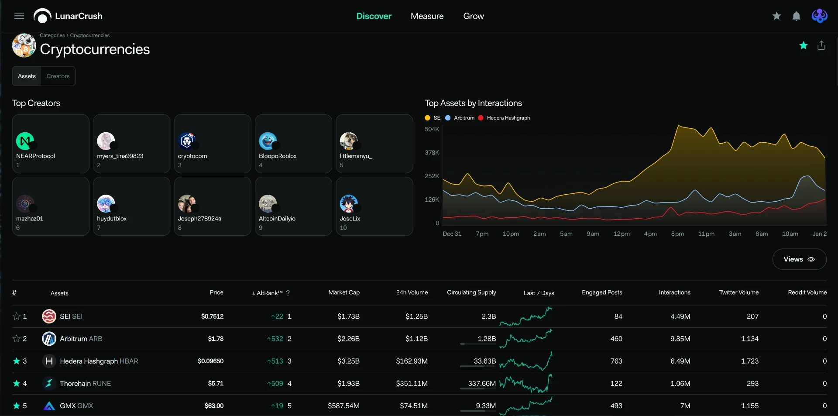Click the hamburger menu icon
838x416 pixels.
(x=19, y=16)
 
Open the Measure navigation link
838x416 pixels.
(x=427, y=16)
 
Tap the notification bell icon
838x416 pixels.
(x=796, y=16)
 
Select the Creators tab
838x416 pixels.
(x=58, y=76)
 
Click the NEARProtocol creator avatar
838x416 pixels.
(x=25, y=141)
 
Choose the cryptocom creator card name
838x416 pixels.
(x=192, y=156)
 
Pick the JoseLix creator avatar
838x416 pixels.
(x=349, y=203)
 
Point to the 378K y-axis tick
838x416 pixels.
(x=432, y=152)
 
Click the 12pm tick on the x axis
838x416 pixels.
(x=622, y=234)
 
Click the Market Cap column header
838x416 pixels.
(x=344, y=292)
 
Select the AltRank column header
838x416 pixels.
(x=270, y=293)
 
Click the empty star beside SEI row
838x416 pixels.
(x=17, y=316)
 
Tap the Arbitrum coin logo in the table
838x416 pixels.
(x=49, y=338)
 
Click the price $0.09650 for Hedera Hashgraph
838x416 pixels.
(x=210, y=361)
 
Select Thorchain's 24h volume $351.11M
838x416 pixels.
(x=412, y=383)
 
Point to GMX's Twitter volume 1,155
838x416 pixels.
(x=749, y=406)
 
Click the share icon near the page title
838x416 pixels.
(x=821, y=45)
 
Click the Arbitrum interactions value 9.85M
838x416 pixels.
(x=680, y=339)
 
